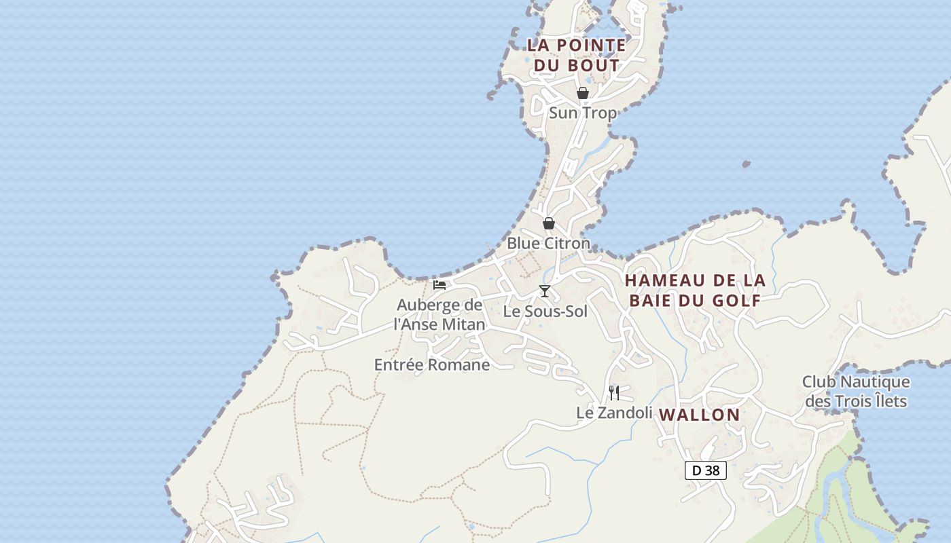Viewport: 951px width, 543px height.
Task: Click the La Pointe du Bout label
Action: click(576, 55)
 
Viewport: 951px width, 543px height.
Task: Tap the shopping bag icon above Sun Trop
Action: click(582, 93)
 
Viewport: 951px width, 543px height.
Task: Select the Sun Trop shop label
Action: click(582, 113)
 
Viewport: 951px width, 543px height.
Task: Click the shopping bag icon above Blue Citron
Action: click(548, 223)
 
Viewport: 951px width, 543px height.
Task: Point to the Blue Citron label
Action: click(548, 243)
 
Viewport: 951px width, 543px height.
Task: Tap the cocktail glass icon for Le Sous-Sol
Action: click(544, 291)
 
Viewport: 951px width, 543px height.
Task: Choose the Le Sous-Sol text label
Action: click(545, 312)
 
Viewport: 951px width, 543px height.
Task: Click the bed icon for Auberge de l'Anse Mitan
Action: click(439, 284)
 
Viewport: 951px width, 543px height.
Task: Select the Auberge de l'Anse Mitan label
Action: click(439, 314)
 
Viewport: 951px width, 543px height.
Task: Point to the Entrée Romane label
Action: click(432, 365)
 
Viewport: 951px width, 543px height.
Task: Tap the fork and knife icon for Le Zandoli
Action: click(613, 392)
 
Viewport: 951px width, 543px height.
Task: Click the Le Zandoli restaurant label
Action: click(614, 413)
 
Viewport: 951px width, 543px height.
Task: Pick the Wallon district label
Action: click(700, 415)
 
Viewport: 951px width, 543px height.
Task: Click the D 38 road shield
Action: click(706, 470)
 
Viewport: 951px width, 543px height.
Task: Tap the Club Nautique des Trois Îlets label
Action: click(856, 392)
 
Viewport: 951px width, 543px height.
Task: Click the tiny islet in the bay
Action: click(746, 164)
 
